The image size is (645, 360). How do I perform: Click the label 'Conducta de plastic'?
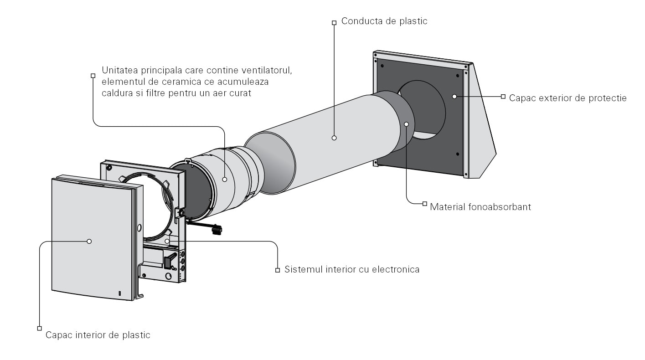click(x=384, y=21)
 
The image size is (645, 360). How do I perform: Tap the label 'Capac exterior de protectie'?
click(x=568, y=98)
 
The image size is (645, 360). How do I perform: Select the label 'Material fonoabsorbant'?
click(x=480, y=207)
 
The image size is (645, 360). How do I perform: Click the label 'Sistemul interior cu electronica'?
click(x=352, y=269)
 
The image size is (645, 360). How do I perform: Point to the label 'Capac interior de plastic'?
click(x=98, y=335)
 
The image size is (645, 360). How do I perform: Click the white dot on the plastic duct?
click(x=334, y=138)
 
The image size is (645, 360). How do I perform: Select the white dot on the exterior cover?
click(x=454, y=97)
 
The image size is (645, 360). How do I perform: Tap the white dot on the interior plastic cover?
click(x=89, y=241)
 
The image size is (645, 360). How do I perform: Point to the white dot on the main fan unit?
click(x=225, y=180)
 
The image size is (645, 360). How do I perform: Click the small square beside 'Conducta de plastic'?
click(x=334, y=22)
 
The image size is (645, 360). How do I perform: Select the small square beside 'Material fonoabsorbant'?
click(x=425, y=203)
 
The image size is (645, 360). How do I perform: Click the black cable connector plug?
click(x=217, y=230)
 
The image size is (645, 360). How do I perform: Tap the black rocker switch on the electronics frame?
click(x=168, y=262)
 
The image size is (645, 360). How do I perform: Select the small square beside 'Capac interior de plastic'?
click(x=39, y=328)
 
